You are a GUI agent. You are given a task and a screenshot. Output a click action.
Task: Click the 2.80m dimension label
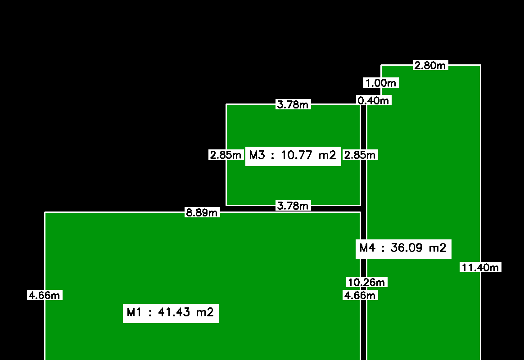pos(430,65)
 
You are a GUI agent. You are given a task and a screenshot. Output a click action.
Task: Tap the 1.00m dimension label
pos(381,83)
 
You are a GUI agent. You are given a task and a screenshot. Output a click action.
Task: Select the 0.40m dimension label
pos(374,100)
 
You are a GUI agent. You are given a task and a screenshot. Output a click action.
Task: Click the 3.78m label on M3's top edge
pos(293,104)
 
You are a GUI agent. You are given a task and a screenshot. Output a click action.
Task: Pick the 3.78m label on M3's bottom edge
pos(293,206)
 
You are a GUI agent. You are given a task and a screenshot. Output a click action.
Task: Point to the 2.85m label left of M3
pos(226,155)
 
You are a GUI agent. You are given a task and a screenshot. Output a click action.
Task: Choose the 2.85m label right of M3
pos(360,155)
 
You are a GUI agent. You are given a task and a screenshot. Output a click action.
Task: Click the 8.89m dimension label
pos(202,212)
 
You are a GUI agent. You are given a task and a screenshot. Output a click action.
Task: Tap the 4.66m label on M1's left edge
pos(45,295)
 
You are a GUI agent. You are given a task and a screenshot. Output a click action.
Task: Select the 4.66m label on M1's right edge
pos(360,295)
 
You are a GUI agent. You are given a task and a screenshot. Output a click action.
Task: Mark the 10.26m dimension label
pos(366,282)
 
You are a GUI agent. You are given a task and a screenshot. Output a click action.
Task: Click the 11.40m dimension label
pos(480,267)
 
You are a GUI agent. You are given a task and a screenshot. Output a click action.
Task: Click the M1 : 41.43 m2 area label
pos(171,313)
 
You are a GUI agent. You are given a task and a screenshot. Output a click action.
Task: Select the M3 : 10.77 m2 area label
pos(293,156)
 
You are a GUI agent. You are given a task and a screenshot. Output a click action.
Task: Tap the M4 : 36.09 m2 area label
pos(403,249)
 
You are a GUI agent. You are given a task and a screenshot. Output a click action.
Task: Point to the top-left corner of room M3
pos(226,104)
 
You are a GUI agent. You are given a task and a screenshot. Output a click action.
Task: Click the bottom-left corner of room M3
pos(226,205)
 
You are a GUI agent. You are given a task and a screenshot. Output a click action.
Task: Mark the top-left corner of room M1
pos(45,212)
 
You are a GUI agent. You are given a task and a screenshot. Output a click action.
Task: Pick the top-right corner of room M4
pos(480,65)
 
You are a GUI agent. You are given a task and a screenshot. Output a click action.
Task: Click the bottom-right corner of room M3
pos(360,205)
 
